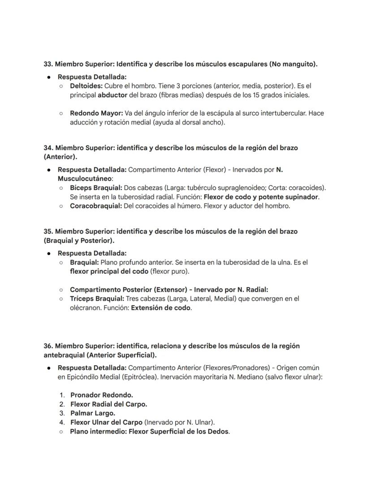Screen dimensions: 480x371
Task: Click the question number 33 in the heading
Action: (x=47, y=64)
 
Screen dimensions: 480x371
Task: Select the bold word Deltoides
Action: (x=86, y=86)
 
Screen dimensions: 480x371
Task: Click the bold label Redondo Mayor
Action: (x=96, y=113)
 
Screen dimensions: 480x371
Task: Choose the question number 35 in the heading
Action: (x=47, y=232)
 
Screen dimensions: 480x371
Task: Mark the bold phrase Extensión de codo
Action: (x=161, y=308)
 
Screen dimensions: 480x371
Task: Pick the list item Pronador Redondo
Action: (x=101, y=395)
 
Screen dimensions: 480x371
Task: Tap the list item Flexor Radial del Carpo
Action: (x=108, y=404)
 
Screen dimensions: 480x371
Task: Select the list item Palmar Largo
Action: (x=92, y=413)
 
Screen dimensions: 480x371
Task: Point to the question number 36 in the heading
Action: (x=47, y=346)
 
